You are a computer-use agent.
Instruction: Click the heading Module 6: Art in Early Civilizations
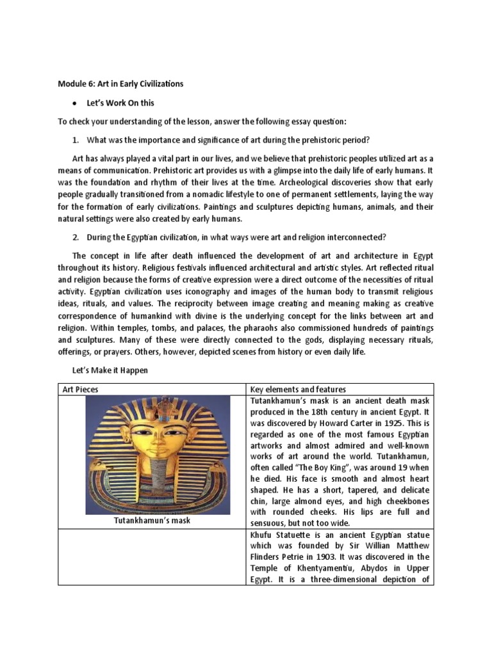click(120, 84)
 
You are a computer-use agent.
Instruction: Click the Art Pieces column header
click(80, 390)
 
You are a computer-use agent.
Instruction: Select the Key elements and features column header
click(298, 390)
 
